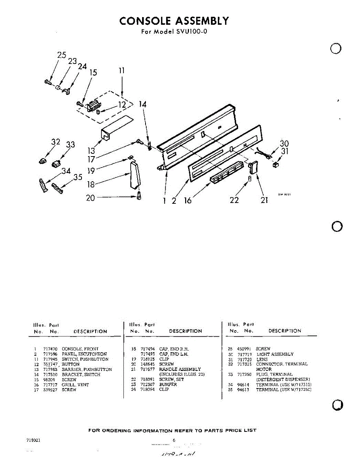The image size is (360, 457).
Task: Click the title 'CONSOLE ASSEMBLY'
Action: pos(174,21)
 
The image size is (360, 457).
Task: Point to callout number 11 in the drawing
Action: pos(122,71)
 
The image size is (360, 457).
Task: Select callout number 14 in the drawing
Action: pos(142,104)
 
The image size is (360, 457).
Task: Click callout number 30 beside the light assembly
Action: pos(284,144)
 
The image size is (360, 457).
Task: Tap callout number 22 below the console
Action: pos(234,200)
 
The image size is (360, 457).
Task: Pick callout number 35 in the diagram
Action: pos(78,177)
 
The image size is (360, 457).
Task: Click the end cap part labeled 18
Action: pos(135,175)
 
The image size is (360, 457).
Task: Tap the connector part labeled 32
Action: pos(42,160)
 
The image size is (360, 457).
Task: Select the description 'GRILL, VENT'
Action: pos(75,385)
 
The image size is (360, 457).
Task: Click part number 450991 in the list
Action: pos(244,349)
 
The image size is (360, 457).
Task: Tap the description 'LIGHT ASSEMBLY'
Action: pos(275,354)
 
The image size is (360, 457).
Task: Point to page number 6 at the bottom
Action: pos(174,440)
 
